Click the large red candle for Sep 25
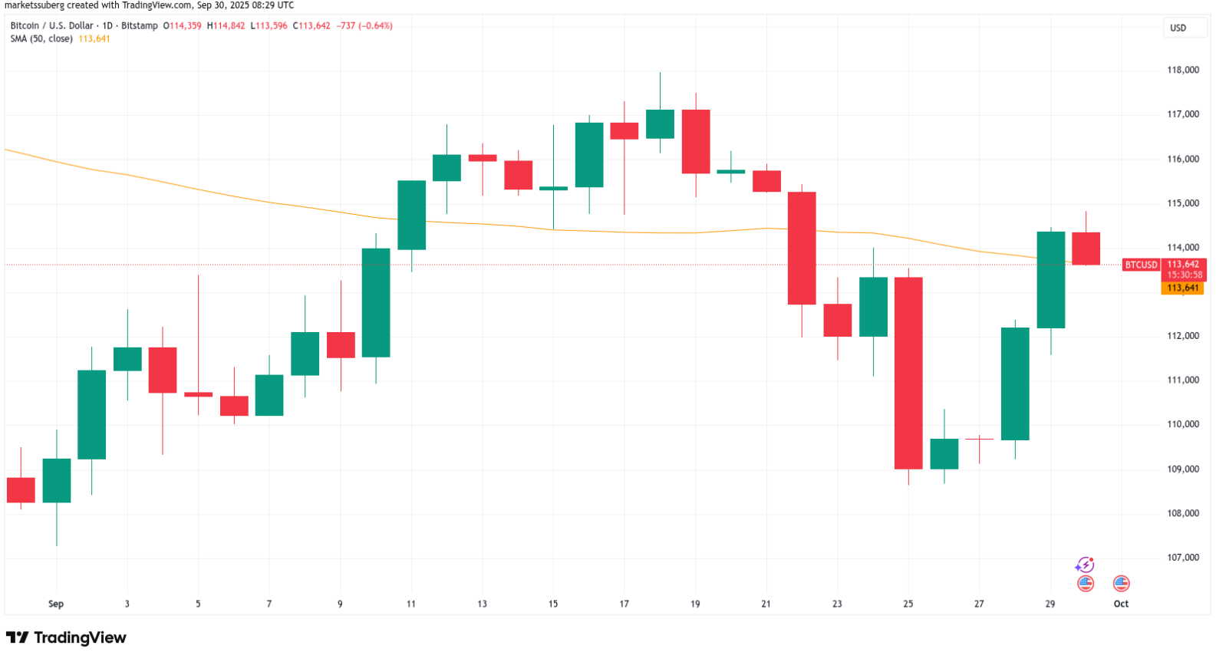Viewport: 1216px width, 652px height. (908, 373)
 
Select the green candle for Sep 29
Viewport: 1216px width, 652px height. (1050, 280)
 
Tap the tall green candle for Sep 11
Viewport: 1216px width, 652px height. (411, 215)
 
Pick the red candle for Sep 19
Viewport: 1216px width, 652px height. (696, 142)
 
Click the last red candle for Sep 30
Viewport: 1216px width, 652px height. (1086, 249)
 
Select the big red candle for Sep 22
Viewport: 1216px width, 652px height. (802, 248)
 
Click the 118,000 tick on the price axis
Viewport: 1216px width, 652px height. (1183, 70)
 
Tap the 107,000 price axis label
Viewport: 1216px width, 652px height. (1183, 558)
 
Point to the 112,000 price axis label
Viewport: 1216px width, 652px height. (1183, 336)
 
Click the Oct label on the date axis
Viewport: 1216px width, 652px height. (1121, 604)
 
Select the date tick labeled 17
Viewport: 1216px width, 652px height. (624, 604)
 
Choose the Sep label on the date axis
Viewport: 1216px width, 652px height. (56, 604)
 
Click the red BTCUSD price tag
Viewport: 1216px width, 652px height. (1141, 265)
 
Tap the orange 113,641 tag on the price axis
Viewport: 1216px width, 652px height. (1182, 288)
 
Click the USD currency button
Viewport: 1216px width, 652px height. (1178, 28)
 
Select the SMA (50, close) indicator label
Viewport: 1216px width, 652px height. (41, 38)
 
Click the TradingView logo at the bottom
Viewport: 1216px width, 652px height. (66, 637)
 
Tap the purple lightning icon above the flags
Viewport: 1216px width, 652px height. (1085, 565)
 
